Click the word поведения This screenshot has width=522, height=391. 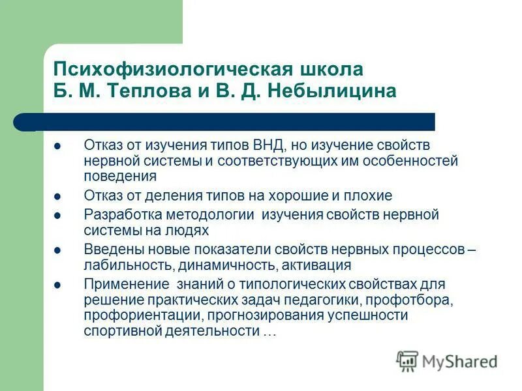[x=120, y=176]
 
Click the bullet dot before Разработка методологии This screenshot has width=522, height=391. [x=58, y=214]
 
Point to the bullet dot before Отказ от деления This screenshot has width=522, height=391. [x=58, y=195]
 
